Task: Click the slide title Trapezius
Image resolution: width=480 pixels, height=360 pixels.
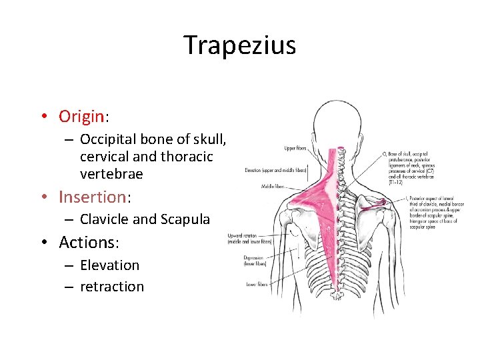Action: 240,45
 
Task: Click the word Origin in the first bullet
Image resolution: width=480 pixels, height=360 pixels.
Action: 81,117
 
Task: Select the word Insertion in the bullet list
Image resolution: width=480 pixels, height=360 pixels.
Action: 92,197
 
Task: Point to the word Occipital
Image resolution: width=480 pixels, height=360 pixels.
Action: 109,139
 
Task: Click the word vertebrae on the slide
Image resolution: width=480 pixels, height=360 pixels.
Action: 111,173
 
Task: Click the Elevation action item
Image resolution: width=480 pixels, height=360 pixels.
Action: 109,265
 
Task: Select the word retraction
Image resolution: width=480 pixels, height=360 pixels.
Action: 111,287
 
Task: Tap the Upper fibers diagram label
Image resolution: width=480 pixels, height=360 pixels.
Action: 295,147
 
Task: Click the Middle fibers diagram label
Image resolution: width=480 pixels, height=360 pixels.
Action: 273,187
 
